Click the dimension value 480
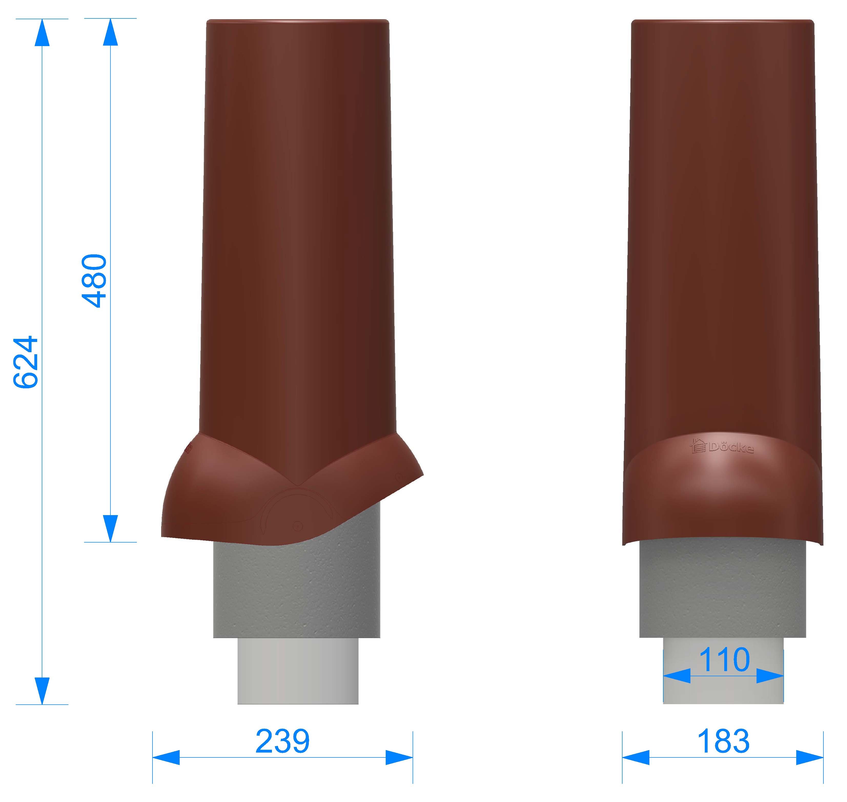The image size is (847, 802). [x=94, y=281]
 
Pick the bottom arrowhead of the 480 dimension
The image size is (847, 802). [x=110, y=528]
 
